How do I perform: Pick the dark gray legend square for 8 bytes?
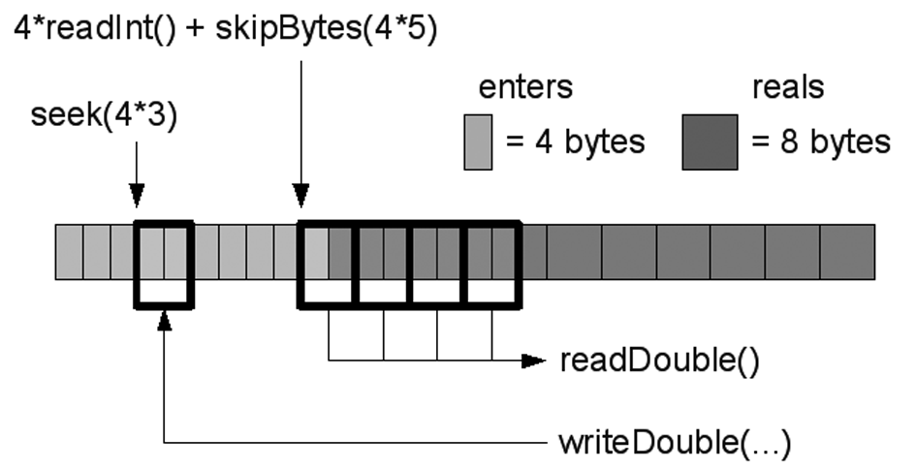[x=710, y=142]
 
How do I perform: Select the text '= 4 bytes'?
[x=575, y=142]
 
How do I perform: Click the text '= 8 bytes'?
[x=820, y=142]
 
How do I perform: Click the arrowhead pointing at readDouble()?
[x=534, y=361]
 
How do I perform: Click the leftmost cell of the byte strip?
[x=69, y=251]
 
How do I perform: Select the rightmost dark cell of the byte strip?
[x=847, y=251]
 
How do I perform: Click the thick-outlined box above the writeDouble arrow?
[x=164, y=265]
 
